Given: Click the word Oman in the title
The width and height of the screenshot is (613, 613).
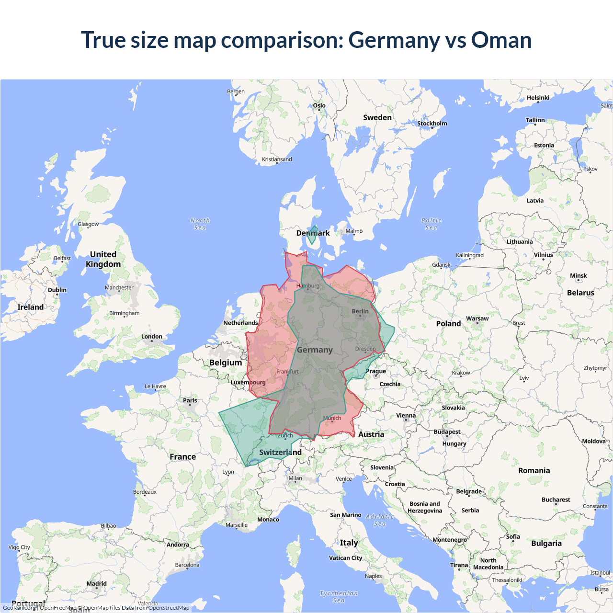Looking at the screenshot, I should [x=501, y=40].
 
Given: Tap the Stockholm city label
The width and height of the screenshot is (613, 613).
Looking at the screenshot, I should [x=432, y=124].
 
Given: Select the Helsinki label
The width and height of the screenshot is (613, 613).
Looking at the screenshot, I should [x=538, y=98].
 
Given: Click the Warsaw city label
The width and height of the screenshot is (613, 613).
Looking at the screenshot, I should [x=477, y=318].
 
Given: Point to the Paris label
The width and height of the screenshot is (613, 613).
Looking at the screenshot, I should [x=190, y=400].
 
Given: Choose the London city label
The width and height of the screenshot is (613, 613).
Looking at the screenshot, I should [x=152, y=337].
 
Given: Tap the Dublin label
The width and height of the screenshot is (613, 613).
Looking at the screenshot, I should [x=57, y=290].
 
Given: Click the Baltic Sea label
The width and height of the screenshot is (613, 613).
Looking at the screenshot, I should [x=431, y=224].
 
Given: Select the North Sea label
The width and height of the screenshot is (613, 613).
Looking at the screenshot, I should [x=200, y=224].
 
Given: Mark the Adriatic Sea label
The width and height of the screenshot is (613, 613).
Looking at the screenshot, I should [x=380, y=520].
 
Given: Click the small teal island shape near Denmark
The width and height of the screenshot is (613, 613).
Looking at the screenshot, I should [x=312, y=235].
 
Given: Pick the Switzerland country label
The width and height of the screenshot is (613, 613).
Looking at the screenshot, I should [x=280, y=452].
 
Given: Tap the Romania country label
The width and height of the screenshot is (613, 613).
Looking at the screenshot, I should [x=534, y=470].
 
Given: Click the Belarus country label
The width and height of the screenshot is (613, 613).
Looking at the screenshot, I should [x=580, y=293].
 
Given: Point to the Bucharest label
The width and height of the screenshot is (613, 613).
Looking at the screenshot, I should [x=556, y=499].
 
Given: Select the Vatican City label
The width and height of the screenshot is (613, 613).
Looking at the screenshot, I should [x=345, y=558].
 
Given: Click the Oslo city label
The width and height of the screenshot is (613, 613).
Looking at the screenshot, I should [x=319, y=105].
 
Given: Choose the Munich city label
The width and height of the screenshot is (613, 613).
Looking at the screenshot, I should [x=332, y=418].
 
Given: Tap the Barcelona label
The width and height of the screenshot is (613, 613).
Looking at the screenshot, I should [x=187, y=565].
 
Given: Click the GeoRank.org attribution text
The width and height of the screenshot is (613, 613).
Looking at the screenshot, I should [x=19, y=608].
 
